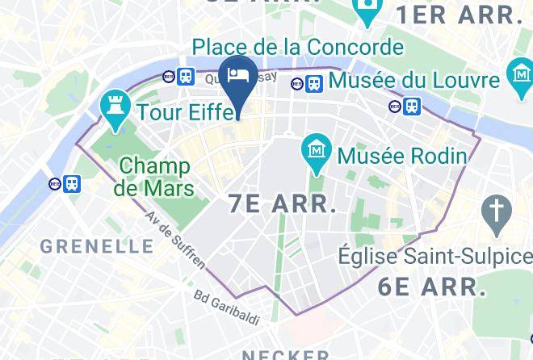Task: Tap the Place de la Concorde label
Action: (297, 46)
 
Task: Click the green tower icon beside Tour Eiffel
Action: (112, 109)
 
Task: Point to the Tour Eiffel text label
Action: (187, 111)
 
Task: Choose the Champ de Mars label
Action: (154, 178)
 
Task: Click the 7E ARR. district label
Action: (282, 204)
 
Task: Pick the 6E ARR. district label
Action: (431, 286)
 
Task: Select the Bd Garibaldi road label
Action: (227, 308)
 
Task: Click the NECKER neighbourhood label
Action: (286, 354)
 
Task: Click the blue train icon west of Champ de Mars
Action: (73, 184)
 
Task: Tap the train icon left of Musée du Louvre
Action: (314, 82)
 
